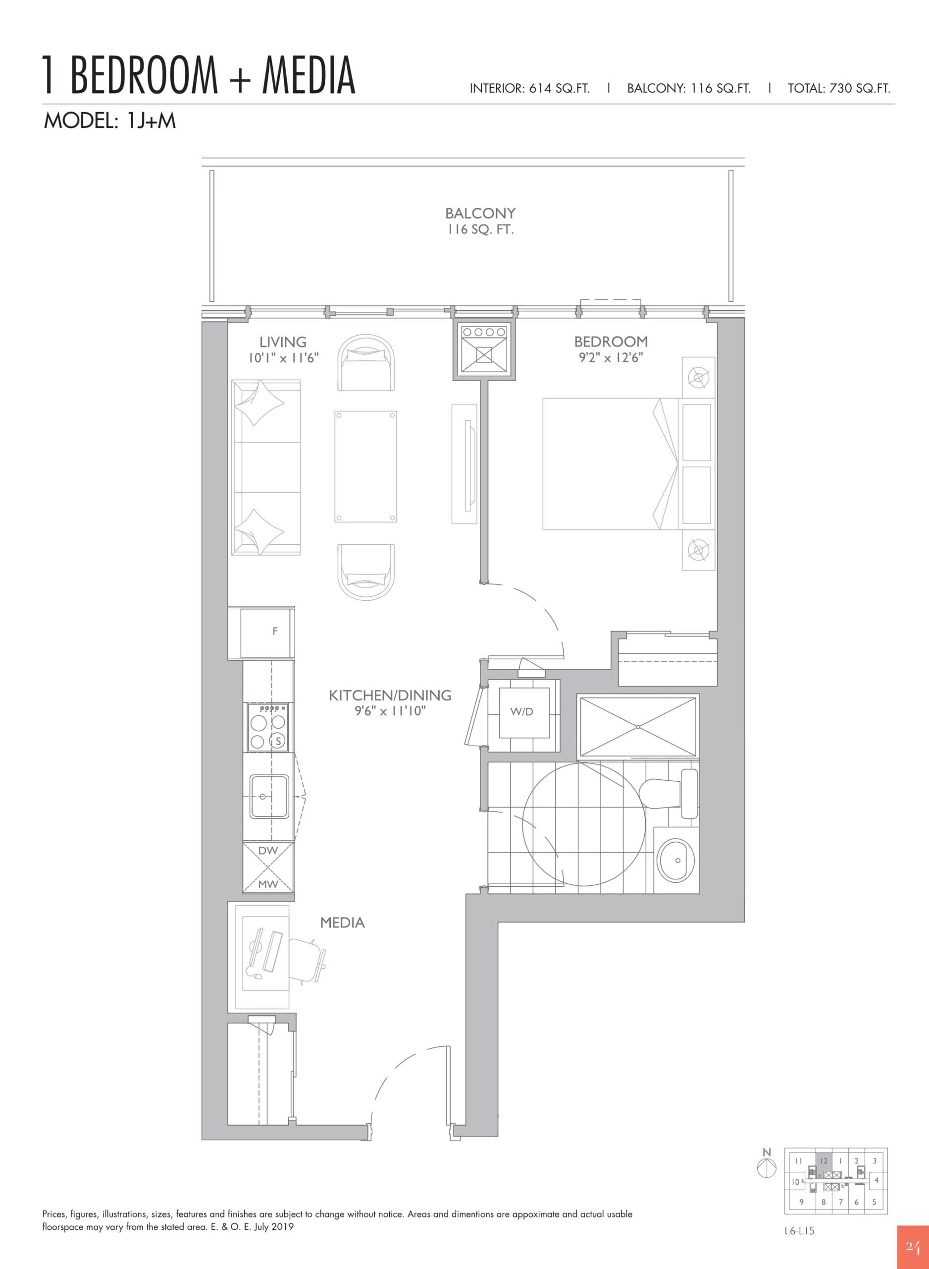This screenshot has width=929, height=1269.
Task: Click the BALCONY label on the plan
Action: [x=480, y=213]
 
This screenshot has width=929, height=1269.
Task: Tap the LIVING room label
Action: [x=282, y=342]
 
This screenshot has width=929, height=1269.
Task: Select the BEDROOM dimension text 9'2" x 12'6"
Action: [x=611, y=358]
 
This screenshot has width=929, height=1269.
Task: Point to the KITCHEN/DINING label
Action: [x=390, y=695]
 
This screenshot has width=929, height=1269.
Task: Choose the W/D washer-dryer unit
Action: [x=521, y=712]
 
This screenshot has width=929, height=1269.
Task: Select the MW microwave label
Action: [x=268, y=884]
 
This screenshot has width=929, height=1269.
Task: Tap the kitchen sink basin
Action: [x=269, y=796]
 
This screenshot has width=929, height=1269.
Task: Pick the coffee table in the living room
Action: [x=365, y=466]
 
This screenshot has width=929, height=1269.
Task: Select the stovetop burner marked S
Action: [x=277, y=742]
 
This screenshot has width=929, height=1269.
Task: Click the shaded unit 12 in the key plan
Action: [x=824, y=1161]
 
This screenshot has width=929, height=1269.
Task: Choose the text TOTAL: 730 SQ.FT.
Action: [x=838, y=88]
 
